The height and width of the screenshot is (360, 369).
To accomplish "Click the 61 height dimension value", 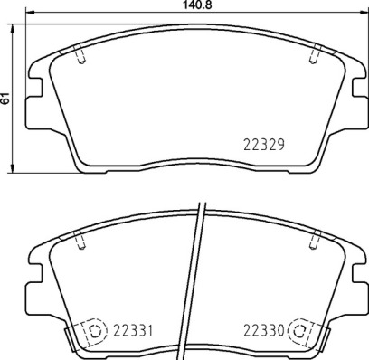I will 5,98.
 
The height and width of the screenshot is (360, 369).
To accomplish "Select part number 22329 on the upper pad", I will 264,142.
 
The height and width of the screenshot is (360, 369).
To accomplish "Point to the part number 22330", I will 262,330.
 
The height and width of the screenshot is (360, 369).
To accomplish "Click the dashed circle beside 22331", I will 93,331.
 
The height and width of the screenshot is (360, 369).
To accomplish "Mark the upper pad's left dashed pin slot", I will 81,56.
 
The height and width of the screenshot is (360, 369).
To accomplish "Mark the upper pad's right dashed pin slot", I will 315,56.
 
